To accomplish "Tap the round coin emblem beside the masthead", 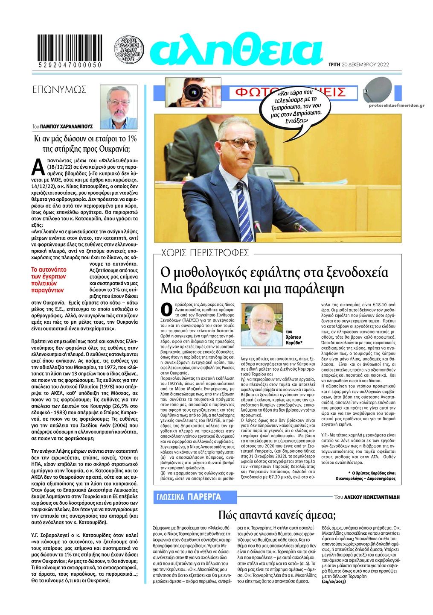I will pos(129,50).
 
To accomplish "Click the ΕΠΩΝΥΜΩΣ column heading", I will pos(59,90).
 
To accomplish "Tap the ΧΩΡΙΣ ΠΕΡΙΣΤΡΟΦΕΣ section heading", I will pos(205,252).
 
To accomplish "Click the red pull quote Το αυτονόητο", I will pos(50,280).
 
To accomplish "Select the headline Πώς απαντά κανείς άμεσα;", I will pos(277,514).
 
